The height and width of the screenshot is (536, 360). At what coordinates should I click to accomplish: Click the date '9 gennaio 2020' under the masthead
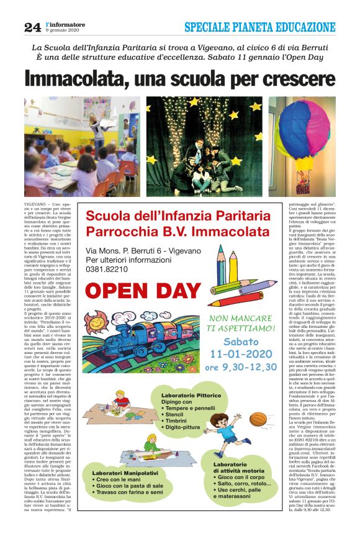pyautogui.click(x=63, y=31)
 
